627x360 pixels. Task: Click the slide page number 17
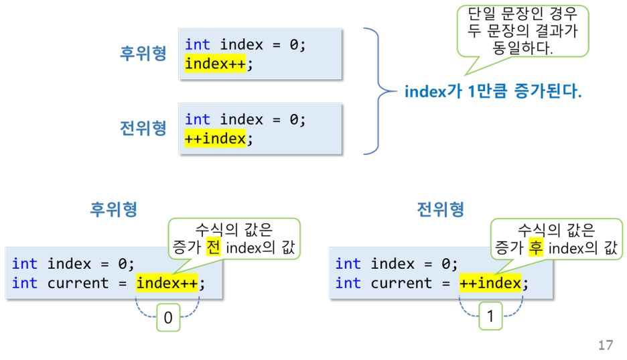point(605,345)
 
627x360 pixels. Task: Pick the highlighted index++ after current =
point(167,283)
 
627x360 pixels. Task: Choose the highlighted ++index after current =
point(490,283)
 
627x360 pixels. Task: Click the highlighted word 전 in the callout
point(212,249)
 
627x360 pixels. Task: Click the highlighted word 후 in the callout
point(535,249)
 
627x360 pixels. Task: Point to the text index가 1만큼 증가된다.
point(493,92)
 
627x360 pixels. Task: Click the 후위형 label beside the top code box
point(143,54)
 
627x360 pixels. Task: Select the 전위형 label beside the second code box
point(143,128)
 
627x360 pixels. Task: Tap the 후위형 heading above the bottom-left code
point(114,209)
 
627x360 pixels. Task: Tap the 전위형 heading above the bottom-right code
point(440,209)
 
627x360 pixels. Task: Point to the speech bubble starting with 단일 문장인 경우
point(522,31)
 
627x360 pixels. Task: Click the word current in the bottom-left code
point(78,283)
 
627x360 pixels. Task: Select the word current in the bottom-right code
point(401,283)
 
